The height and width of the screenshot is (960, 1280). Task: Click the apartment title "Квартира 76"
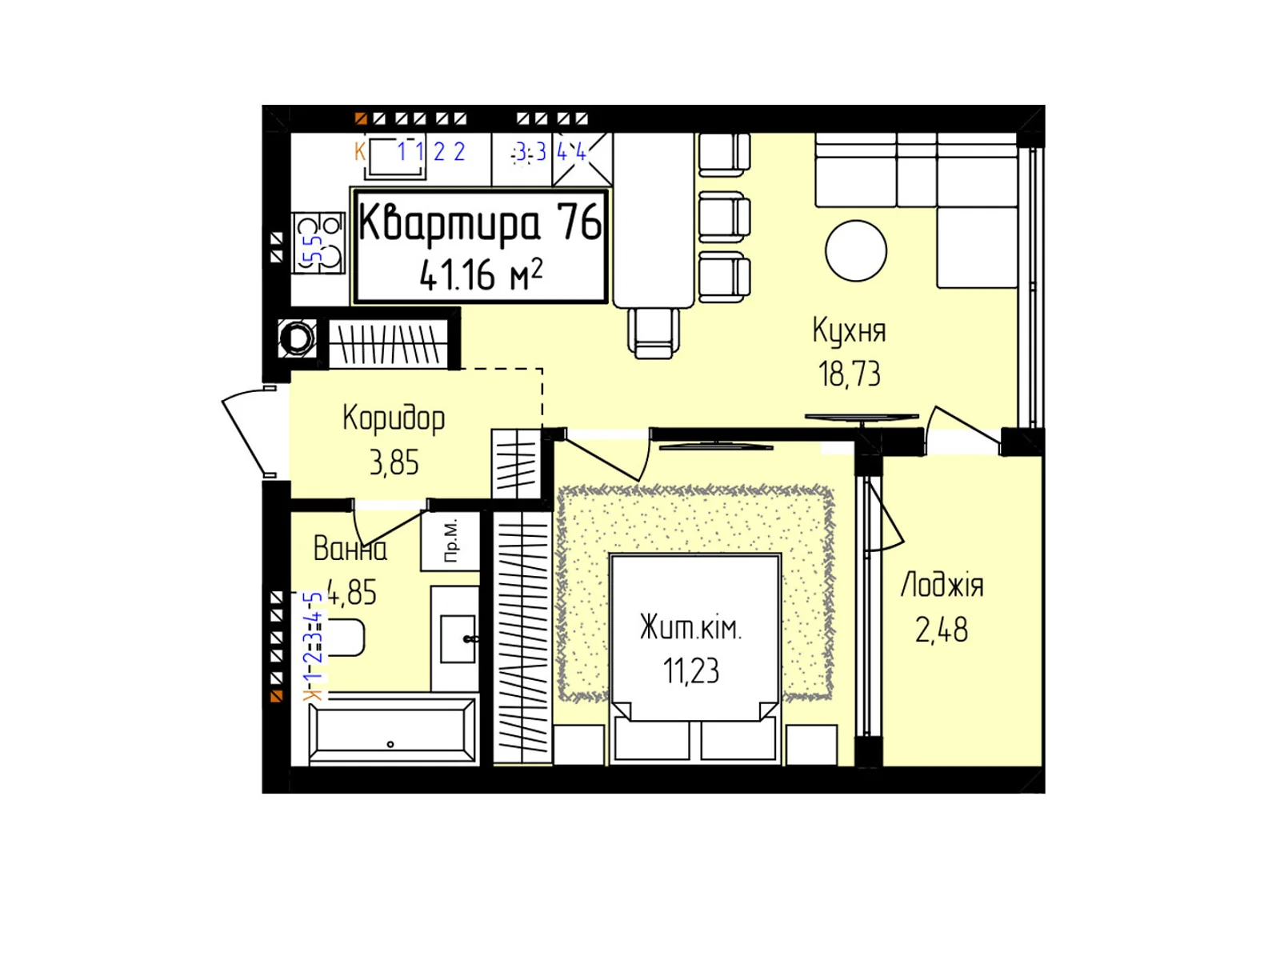[x=480, y=222]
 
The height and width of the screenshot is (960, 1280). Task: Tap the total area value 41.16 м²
[x=480, y=274]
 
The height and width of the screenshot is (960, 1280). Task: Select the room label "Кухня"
[x=849, y=330]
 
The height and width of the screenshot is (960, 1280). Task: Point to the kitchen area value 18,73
[x=849, y=374]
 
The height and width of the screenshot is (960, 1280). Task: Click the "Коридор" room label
[x=394, y=418]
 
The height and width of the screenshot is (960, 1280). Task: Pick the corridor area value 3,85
[x=394, y=462]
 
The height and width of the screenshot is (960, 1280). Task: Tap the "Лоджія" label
[x=942, y=586]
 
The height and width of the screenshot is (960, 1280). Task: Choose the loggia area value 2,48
[x=942, y=630]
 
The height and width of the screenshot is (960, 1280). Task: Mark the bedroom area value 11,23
[x=690, y=671]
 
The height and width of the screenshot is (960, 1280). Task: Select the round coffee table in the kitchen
[x=856, y=250]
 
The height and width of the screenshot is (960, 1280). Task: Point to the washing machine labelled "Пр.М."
[x=450, y=540]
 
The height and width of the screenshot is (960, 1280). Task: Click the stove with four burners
[x=318, y=242]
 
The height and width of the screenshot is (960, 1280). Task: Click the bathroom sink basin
[x=458, y=638]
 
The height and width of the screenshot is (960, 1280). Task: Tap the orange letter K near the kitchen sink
[x=360, y=151]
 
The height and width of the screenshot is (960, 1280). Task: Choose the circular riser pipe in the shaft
[x=298, y=338]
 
